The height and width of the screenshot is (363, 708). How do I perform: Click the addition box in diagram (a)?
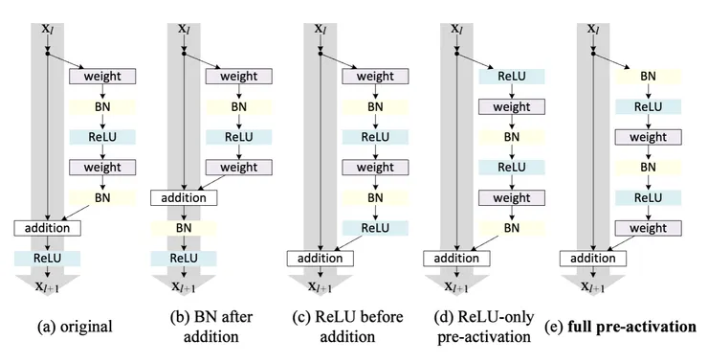click(x=48, y=228)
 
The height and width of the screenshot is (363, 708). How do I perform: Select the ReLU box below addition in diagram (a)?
click(x=48, y=258)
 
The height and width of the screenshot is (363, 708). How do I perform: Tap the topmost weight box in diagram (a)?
click(x=102, y=76)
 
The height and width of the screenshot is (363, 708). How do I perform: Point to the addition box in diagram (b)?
click(x=184, y=198)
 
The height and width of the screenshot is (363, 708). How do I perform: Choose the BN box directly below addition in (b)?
click(x=184, y=228)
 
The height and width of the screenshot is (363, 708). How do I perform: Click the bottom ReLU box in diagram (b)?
click(x=184, y=258)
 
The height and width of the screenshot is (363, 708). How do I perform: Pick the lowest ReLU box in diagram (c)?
click(x=375, y=228)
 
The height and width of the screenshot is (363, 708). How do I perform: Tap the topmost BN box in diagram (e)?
click(x=647, y=76)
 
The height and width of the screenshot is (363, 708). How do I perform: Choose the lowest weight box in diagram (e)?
click(x=647, y=228)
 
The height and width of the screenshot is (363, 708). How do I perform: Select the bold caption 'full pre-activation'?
click(x=631, y=327)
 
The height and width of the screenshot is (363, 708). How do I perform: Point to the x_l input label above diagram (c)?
click(x=321, y=29)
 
